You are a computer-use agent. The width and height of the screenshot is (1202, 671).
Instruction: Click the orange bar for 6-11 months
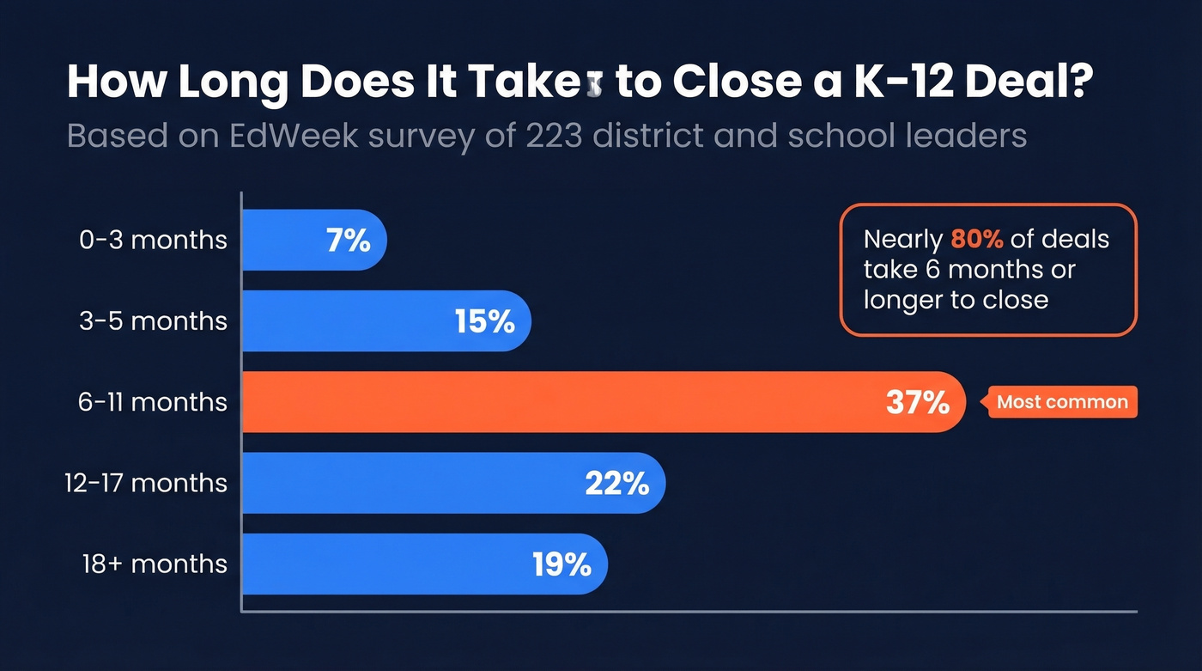click(x=558, y=402)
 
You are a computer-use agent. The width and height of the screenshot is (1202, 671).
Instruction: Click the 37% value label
click(x=917, y=402)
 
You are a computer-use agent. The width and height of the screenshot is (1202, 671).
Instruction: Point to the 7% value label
click(x=348, y=241)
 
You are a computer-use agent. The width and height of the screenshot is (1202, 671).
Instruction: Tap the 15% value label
click(x=484, y=321)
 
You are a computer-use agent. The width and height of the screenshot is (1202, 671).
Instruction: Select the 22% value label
click(x=616, y=483)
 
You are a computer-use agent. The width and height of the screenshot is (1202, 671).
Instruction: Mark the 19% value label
click(x=562, y=564)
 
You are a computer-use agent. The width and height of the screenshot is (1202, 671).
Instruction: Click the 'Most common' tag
click(x=1062, y=402)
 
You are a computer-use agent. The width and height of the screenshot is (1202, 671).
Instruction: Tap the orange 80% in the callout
click(x=977, y=239)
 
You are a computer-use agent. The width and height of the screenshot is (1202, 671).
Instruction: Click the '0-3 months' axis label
click(x=154, y=240)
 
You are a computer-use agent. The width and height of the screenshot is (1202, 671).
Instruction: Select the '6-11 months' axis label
click(x=154, y=402)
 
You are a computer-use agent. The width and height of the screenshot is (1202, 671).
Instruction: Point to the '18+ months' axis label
click(x=155, y=564)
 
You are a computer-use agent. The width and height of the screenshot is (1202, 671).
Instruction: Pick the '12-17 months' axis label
click(x=146, y=483)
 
